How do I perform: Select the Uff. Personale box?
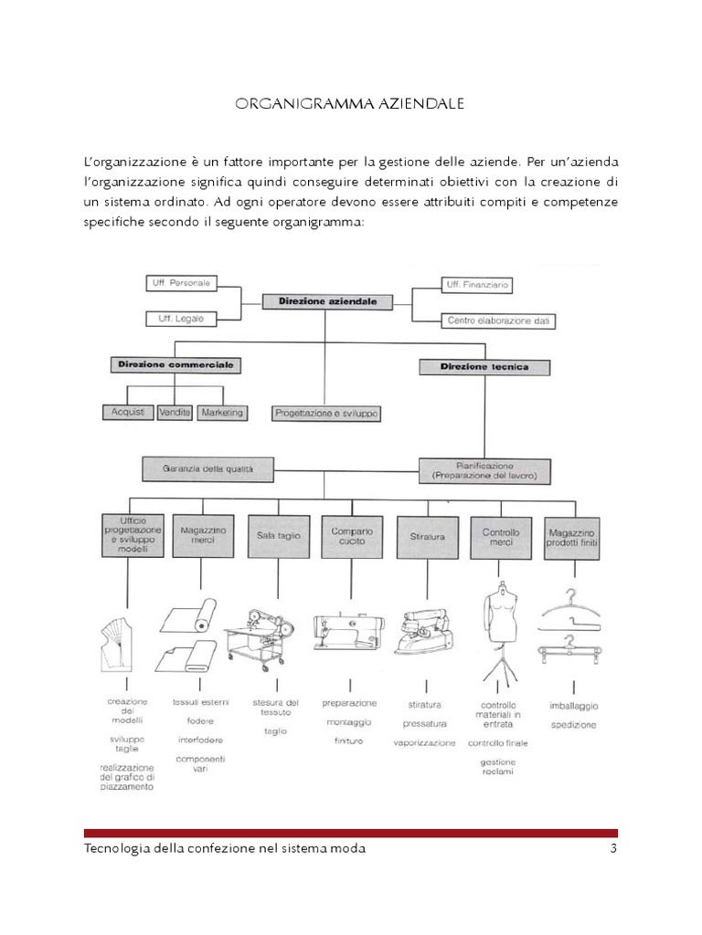click(179, 283)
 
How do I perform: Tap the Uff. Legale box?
click(179, 319)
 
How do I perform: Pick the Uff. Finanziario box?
click(476, 285)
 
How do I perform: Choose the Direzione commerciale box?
click(175, 365)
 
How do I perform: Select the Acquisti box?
click(128, 413)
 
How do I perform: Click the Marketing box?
click(222, 413)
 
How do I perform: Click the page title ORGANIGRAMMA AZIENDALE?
click(350, 104)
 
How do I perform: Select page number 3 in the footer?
click(613, 849)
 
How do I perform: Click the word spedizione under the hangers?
click(573, 725)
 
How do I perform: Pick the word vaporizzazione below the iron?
click(424, 742)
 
